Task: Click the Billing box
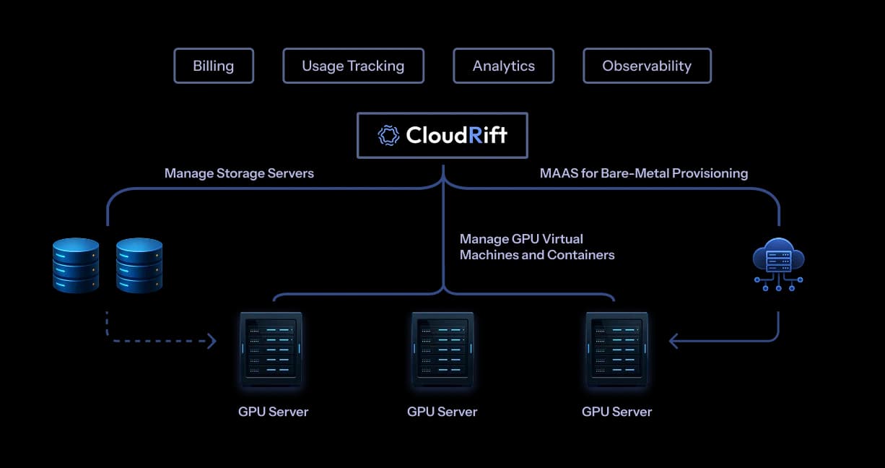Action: pyautogui.click(x=214, y=66)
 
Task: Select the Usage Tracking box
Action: pyautogui.click(x=353, y=66)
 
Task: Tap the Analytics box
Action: pyautogui.click(x=503, y=66)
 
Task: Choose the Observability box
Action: pyautogui.click(x=647, y=66)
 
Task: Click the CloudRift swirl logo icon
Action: pyautogui.click(x=389, y=135)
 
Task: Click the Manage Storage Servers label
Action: pyautogui.click(x=239, y=173)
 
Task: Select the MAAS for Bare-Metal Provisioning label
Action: pyautogui.click(x=644, y=173)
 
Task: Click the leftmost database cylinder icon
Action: pyautogui.click(x=76, y=265)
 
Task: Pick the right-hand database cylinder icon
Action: pyautogui.click(x=139, y=265)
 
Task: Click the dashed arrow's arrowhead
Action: pyautogui.click(x=212, y=341)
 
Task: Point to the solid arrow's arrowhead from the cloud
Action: pyautogui.click(x=673, y=341)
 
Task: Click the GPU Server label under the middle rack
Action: pyautogui.click(x=442, y=412)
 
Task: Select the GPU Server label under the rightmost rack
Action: pyautogui.click(x=616, y=412)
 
